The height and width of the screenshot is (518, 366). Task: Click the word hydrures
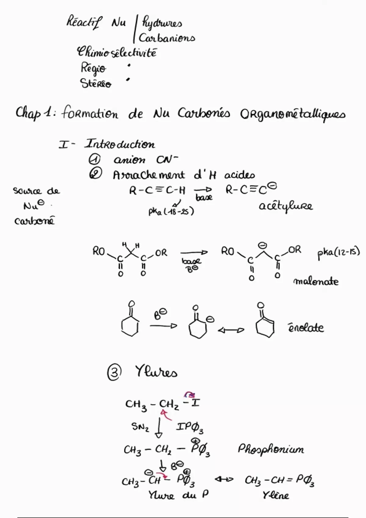(x=162, y=23)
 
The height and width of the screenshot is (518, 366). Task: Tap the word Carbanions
(x=167, y=38)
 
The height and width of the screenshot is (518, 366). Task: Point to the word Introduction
(x=120, y=144)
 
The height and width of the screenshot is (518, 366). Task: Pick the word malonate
(x=316, y=282)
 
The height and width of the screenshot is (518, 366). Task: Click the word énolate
(x=306, y=328)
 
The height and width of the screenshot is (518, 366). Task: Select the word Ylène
(x=276, y=495)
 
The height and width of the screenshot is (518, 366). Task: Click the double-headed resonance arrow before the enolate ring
(x=231, y=331)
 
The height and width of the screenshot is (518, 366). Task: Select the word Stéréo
(x=95, y=83)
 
